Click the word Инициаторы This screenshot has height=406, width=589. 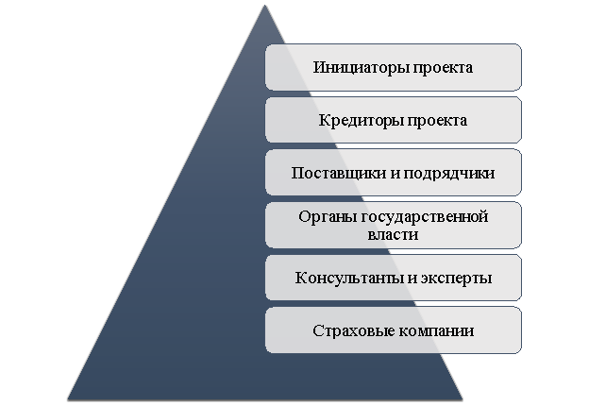click(x=362, y=68)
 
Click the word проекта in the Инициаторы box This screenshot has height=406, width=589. click(x=444, y=69)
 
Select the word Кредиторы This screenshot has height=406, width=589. click(x=361, y=121)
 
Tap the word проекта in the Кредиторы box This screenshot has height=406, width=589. click(x=438, y=121)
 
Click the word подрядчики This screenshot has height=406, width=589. click(x=449, y=174)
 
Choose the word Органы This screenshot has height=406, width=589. click(x=325, y=217)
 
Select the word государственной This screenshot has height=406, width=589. click(x=422, y=217)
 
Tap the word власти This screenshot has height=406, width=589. click(x=393, y=235)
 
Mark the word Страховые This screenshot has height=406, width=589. click(x=353, y=331)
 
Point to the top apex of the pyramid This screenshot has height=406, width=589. click(x=264, y=5)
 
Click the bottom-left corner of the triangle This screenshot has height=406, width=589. click(x=68, y=399)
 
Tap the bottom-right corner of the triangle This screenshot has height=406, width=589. click(x=463, y=399)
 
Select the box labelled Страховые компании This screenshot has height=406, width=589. click(x=394, y=330)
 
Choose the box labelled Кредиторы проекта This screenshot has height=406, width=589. click(x=394, y=120)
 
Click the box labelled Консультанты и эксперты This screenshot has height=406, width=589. click(x=394, y=278)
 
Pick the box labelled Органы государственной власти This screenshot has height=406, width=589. click(x=394, y=226)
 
